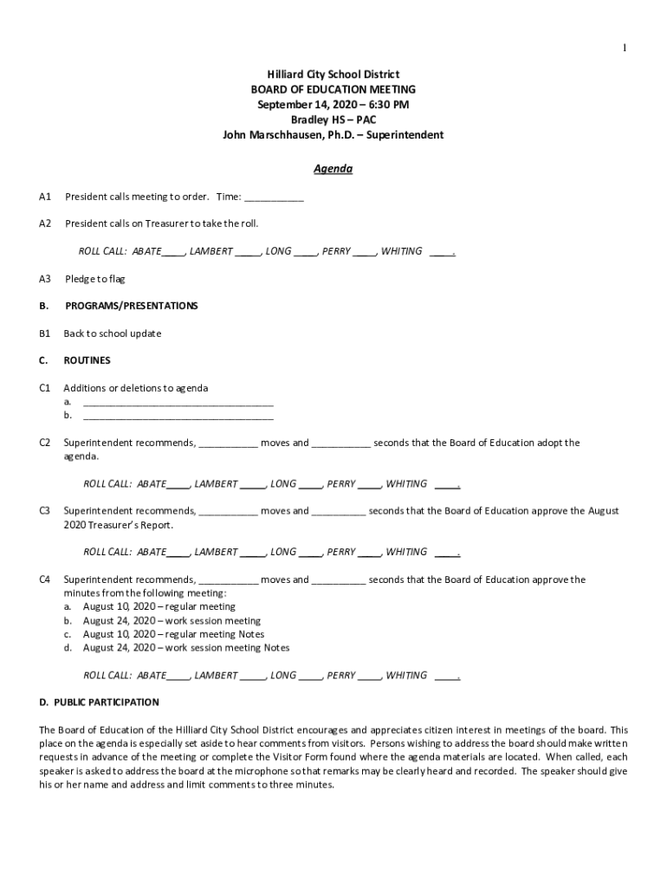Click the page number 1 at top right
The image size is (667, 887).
[624, 48]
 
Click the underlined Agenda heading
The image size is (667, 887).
[333, 169]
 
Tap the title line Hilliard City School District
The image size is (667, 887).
[333, 75]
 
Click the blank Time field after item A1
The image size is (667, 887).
[275, 197]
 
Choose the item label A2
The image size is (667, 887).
[45, 223]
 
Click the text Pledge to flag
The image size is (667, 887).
[95, 279]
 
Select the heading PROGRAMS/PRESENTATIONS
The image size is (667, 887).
[132, 306]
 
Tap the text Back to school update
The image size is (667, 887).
[113, 333]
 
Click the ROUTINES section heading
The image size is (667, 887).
[87, 360]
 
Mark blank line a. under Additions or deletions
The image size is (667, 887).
[178, 403]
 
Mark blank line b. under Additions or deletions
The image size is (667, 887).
[178, 417]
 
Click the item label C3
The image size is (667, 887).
[45, 511]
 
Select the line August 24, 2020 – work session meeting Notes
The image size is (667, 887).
[186, 648]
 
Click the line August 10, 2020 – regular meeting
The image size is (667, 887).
[159, 606]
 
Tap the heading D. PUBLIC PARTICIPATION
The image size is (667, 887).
[99, 702]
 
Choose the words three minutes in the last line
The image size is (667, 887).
[303, 785]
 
